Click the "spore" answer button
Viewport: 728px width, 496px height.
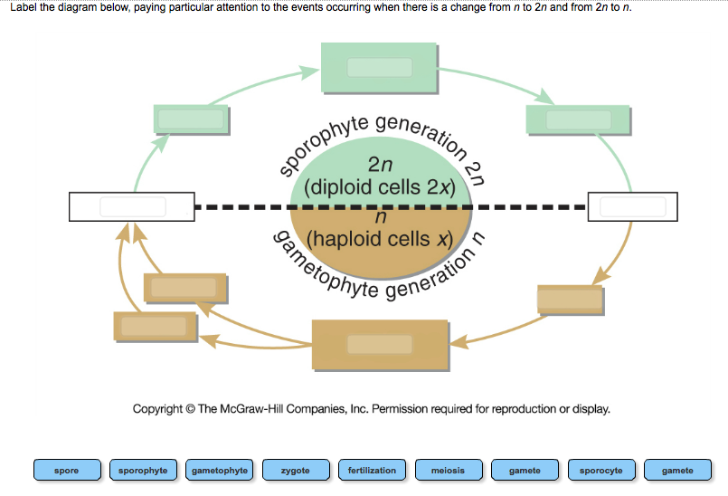pos(66,471)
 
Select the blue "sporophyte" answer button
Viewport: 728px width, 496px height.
pos(143,471)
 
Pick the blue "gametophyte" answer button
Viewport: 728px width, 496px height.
pos(220,471)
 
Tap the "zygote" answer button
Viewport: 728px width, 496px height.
pos(296,471)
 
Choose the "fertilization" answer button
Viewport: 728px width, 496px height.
pos(372,471)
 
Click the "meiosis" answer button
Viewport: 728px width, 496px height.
pos(449,471)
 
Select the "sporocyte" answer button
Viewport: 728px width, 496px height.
pos(601,471)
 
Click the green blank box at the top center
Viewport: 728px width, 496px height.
pos(380,67)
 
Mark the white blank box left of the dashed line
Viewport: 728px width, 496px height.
pos(132,206)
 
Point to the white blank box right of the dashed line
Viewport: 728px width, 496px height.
pos(632,206)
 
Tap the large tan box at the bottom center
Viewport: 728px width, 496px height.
pos(380,345)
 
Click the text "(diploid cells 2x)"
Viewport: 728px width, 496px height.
pos(380,187)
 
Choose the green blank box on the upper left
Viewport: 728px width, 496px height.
pos(191,119)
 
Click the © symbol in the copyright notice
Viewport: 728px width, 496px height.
pos(189,409)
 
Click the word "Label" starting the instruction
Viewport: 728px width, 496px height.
pos(24,8)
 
